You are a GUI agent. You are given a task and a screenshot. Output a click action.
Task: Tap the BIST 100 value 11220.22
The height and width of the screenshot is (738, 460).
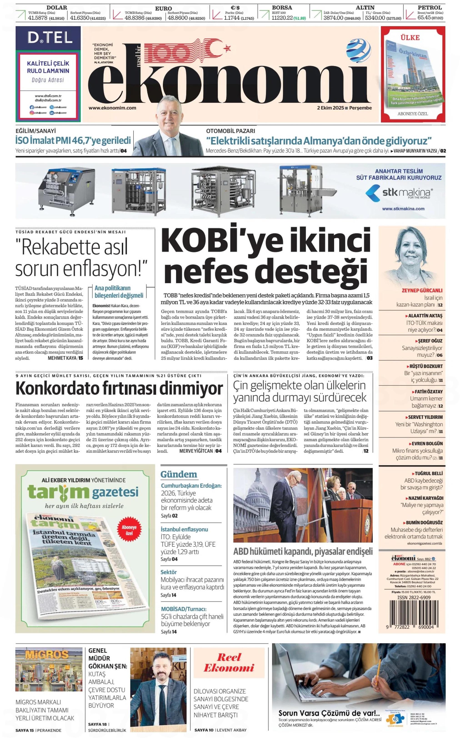(282, 18)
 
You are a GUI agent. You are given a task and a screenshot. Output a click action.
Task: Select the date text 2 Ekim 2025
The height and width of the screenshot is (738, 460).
(330, 108)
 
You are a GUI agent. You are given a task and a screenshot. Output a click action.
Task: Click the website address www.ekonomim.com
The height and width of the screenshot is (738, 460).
(112, 108)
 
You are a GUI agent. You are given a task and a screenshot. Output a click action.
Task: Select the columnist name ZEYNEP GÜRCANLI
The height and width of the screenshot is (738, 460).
(422, 290)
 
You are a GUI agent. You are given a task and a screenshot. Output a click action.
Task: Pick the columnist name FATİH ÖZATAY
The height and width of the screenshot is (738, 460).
(428, 392)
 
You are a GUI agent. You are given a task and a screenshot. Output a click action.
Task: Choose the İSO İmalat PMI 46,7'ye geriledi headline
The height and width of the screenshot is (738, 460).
(73, 140)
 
